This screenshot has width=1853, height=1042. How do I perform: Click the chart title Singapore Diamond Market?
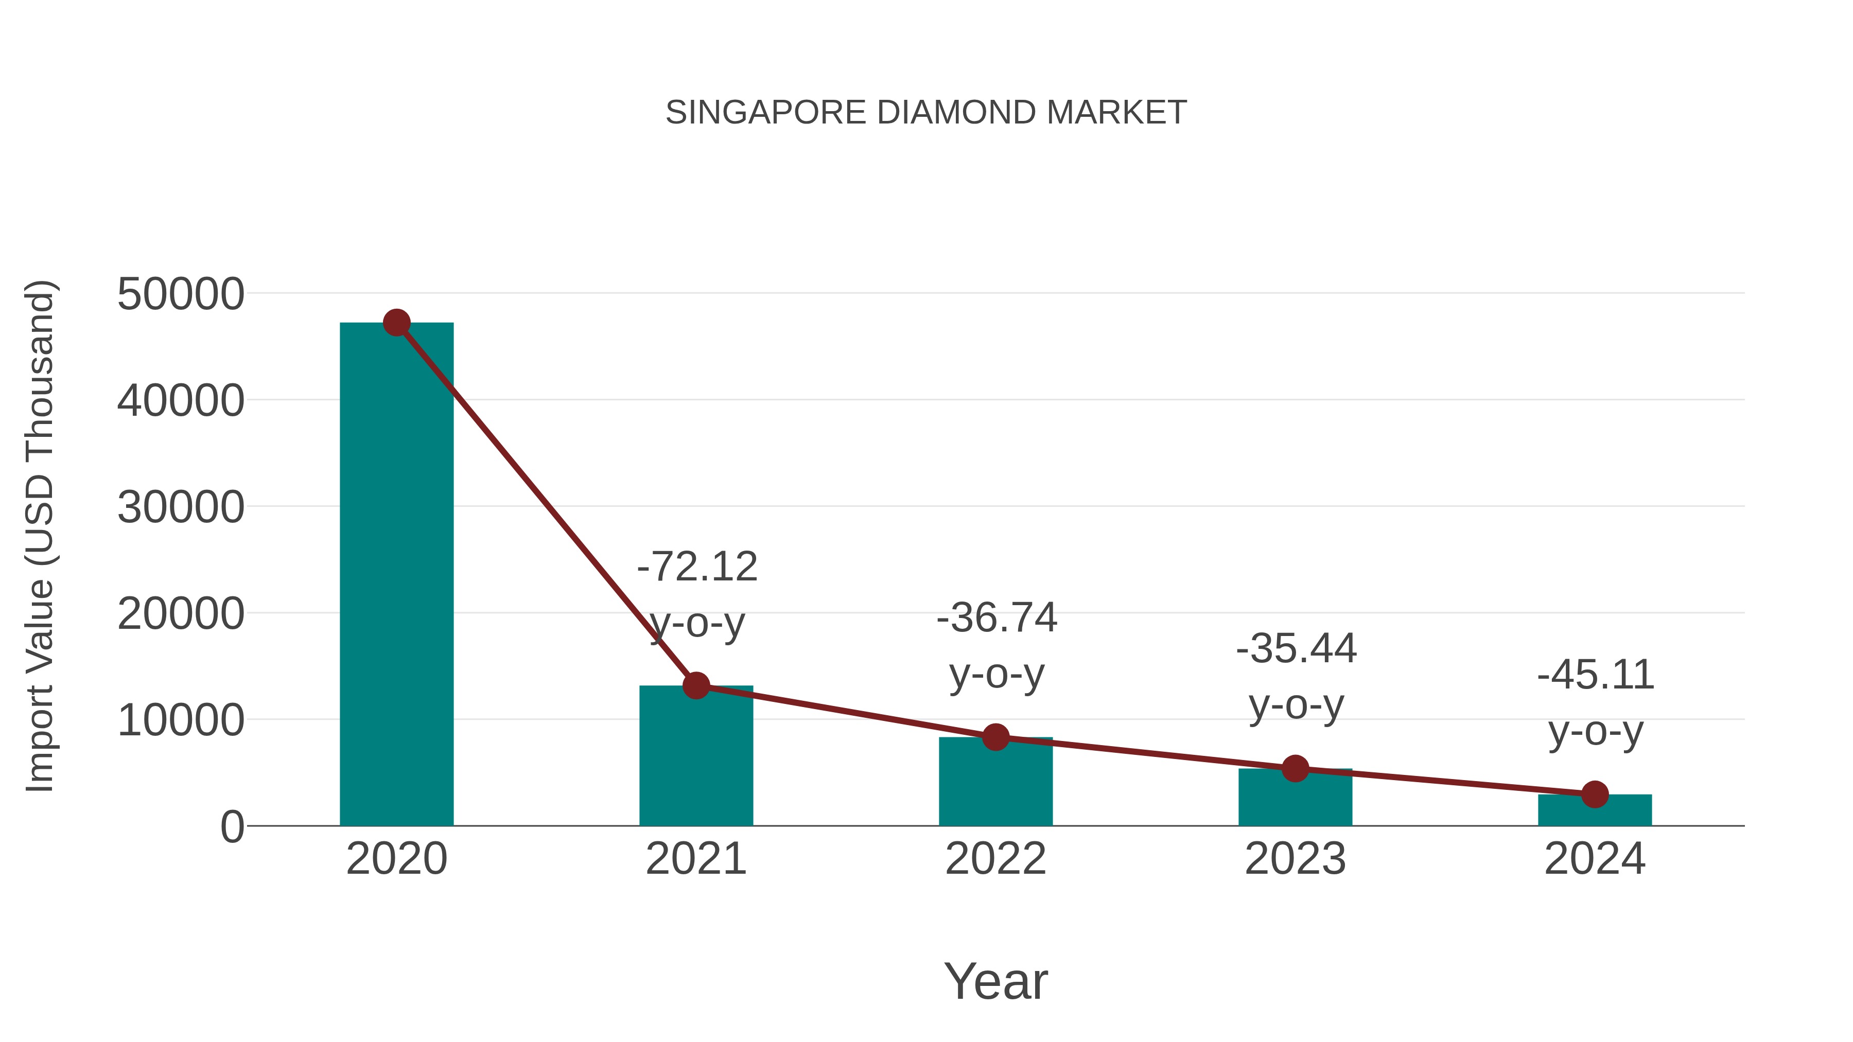tap(926, 113)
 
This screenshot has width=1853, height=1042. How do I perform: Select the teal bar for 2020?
tap(396, 575)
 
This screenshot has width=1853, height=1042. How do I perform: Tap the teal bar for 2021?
tap(695, 762)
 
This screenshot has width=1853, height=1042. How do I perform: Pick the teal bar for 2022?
tap(995, 787)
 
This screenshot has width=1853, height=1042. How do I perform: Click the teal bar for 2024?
tap(1595, 811)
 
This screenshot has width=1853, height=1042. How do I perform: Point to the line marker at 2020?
tap(396, 323)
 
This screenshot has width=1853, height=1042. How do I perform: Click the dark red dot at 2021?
tap(695, 685)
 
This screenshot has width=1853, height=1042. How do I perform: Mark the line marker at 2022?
tap(995, 737)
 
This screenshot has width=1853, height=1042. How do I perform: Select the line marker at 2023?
tap(1295, 769)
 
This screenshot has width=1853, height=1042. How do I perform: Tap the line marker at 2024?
tap(1595, 794)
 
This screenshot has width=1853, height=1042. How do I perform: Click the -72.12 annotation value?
tap(697, 567)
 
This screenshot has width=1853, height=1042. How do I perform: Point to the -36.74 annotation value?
tap(997, 617)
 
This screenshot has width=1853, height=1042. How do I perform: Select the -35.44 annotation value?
tap(1296, 649)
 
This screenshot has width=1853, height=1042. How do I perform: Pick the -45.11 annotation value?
tap(1596, 675)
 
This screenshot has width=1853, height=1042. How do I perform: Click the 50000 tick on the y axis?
tap(181, 294)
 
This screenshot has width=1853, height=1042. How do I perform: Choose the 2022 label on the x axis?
tap(995, 859)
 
